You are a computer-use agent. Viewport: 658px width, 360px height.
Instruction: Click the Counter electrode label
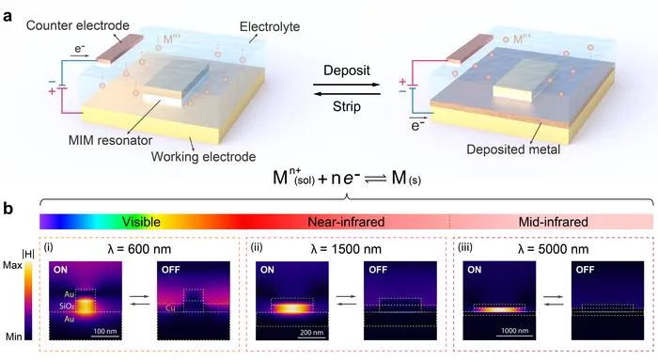pyautogui.click(x=78, y=25)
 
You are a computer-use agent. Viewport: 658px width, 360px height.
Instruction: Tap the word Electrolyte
pyautogui.click(x=270, y=27)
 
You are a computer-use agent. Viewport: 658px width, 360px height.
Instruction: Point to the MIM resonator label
pyautogui.click(x=110, y=140)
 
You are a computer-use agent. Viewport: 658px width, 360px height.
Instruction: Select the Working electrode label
pyautogui.click(x=204, y=157)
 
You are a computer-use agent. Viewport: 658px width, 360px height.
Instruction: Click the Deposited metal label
pyautogui.click(x=513, y=149)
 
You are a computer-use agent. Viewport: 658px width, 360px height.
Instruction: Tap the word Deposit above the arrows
pyautogui.click(x=347, y=70)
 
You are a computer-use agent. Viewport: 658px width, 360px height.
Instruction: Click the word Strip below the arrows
pyautogui.click(x=347, y=106)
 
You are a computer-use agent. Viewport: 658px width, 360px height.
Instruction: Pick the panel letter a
pyautogui.click(x=8, y=17)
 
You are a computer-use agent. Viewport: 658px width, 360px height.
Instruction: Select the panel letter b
pyautogui.click(x=8, y=209)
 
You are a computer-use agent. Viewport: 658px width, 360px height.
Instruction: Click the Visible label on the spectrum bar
pyautogui.click(x=141, y=222)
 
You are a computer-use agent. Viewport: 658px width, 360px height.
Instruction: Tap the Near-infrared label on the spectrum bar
pyautogui.click(x=346, y=222)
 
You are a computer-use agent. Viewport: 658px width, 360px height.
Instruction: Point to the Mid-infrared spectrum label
pyautogui.click(x=554, y=222)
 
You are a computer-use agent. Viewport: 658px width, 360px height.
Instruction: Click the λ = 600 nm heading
pyautogui.click(x=140, y=249)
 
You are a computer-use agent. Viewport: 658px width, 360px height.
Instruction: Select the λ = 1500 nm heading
pyautogui.click(x=346, y=249)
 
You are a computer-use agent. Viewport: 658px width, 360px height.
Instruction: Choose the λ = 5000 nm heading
pyautogui.click(x=553, y=249)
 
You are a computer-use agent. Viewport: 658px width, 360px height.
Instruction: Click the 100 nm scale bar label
pyautogui.click(x=105, y=331)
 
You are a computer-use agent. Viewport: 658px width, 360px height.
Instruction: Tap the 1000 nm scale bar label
pyautogui.click(x=515, y=331)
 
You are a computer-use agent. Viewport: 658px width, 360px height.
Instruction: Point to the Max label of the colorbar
pyautogui.click(x=12, y=265)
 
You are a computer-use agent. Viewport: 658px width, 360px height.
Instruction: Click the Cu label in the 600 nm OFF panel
pyautogui.click(x=170, y=308)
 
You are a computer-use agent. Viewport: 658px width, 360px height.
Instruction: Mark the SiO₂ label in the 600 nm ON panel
pyautogui.click(x=67, y=306)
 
